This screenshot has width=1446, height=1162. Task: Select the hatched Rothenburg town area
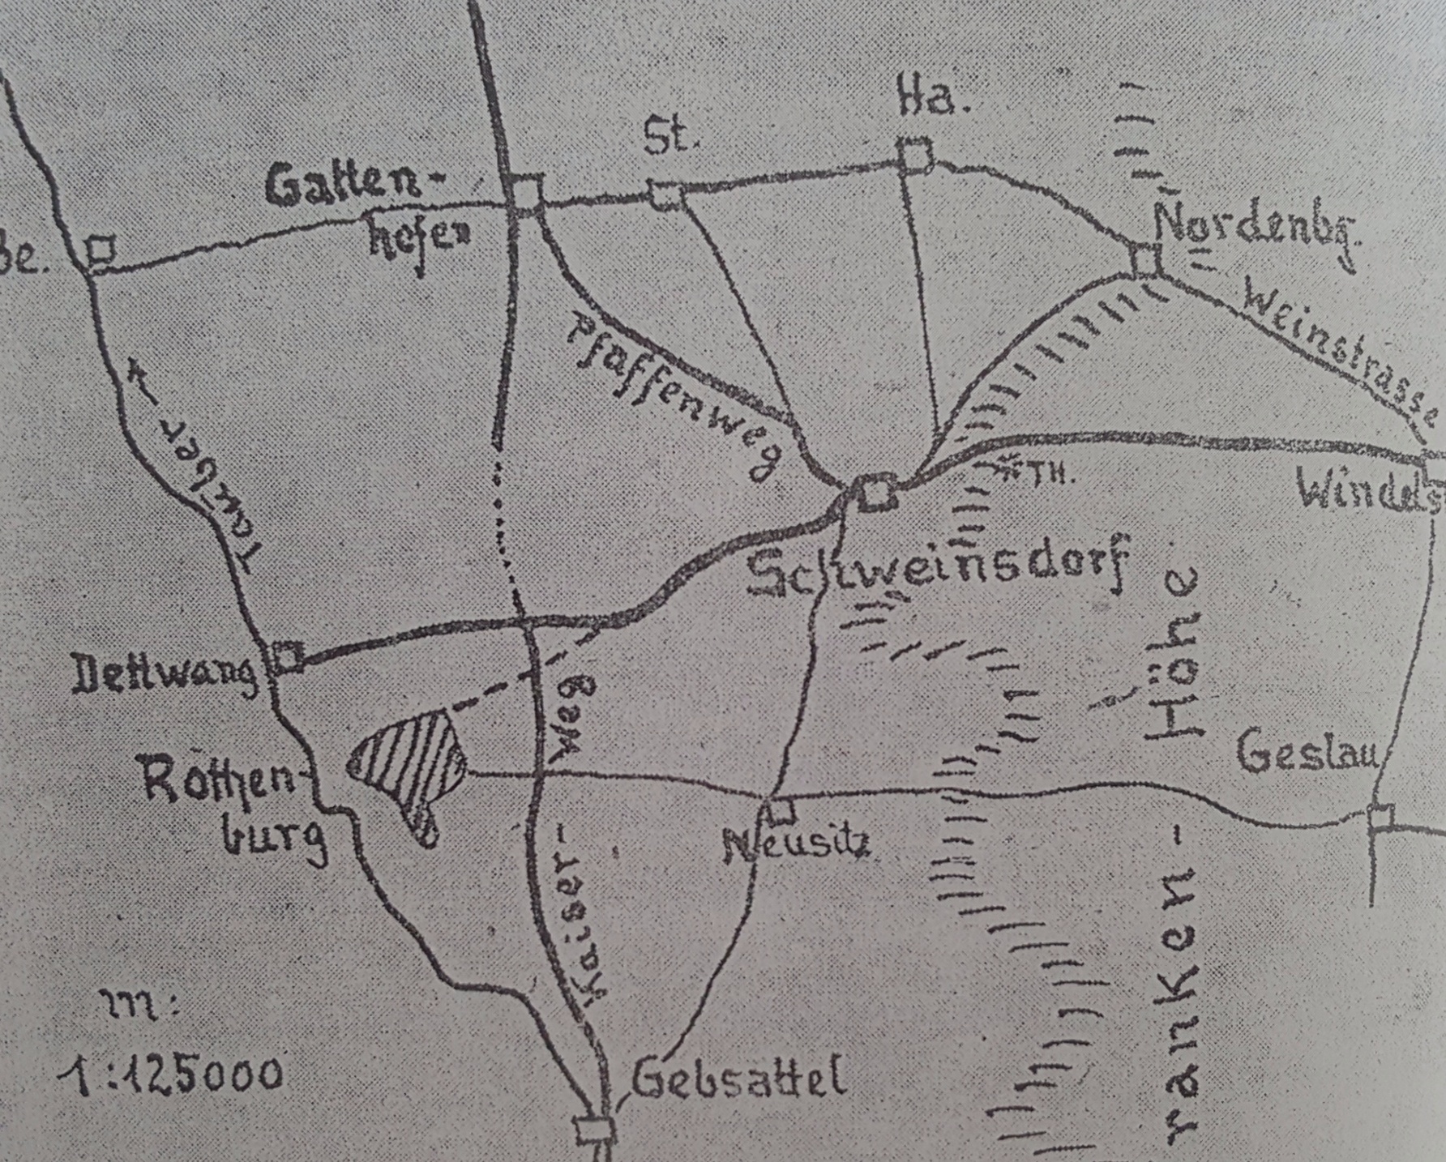(410, 763)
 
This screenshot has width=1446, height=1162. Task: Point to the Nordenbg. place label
(1256, 231)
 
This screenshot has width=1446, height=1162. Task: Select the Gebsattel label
(738, 1080)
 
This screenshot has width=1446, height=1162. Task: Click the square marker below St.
(665, 195)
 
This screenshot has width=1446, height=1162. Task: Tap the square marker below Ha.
(915, 155)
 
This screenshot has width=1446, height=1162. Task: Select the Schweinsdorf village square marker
(874, 492)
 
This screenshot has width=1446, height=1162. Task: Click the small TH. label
(1055, 474)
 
